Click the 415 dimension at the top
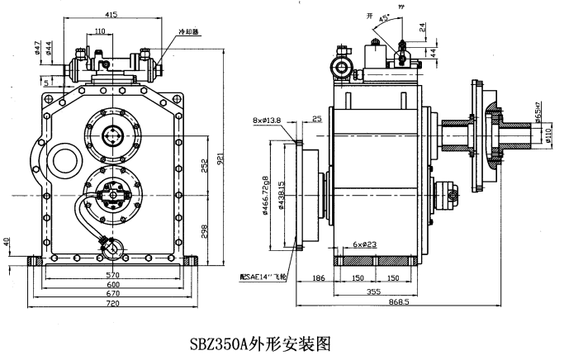(x=111, y=15)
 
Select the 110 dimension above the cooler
(x=100, y=31)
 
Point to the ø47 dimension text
(x=39, y=47)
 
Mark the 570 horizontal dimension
(x=113, y=275)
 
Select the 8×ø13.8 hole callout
(x=268, y=121)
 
